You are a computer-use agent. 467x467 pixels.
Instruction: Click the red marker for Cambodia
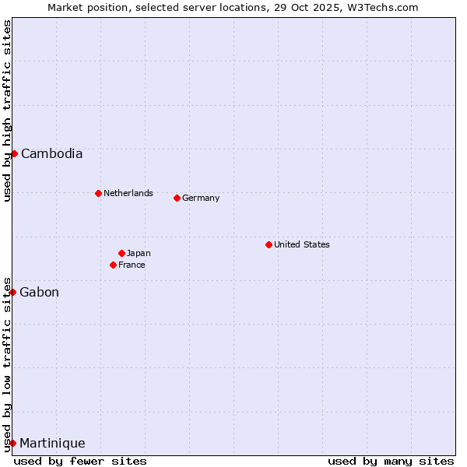pyautogui.click(x=14, y=153)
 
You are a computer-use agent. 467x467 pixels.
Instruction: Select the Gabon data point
pyautogui.click(x=13, y=292)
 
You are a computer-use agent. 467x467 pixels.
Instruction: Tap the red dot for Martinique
pyautogui.click(x=13, y=443)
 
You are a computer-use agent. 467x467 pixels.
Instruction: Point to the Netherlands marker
pyautogui.click(x=98, y=193)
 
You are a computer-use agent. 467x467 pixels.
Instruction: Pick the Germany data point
pyautogui.click(x=177, y=198)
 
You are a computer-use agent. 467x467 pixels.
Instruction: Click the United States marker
pyautogui.click(x=269, y=244)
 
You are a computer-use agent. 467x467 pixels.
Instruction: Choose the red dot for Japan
pyautogui.click(x=121, y=253)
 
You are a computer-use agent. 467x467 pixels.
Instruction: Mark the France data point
pyautogui.click(x=114, y=265)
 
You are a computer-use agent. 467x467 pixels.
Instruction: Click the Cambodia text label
pyautogui.click(x=51, y=153)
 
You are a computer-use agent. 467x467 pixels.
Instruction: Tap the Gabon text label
pyautogui.click(x=39, y=292)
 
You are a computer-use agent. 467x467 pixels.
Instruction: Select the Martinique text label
pyautogui.click(x=52, y=443)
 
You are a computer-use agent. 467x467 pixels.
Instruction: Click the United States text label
pyautogui.click(x=301, y=244)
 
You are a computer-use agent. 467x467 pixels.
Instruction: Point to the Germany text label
pyautogui.click(x=201, y=198)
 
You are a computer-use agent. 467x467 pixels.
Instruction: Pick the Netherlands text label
pyautogui.click(x=128, y=193)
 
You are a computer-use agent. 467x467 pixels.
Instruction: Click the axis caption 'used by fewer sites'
pyautogui.click(x=80, y=461)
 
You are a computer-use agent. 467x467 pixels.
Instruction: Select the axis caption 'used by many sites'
pyautogui.click(x=391, y=461)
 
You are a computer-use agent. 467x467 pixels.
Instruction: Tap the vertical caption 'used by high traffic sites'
pyautogui.click(x=7, y=111)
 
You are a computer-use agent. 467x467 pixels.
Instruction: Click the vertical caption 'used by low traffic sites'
pyautogui.click(x=7, y=364)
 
